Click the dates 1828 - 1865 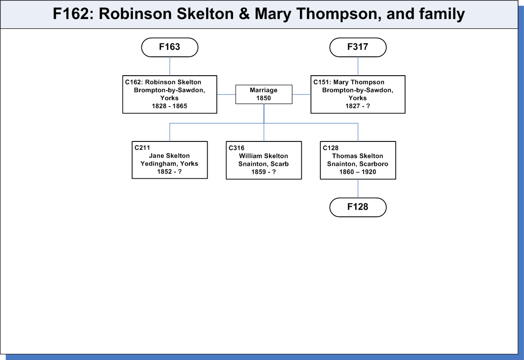[169, 106]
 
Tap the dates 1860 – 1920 [358, 172]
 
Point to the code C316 [237, 147]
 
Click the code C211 [142, 147]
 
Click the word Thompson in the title [339, 14]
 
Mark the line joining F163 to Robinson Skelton [170, 66]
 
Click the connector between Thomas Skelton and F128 [358, 188]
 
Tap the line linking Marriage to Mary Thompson [301, 95]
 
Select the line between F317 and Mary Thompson [358, 66]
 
